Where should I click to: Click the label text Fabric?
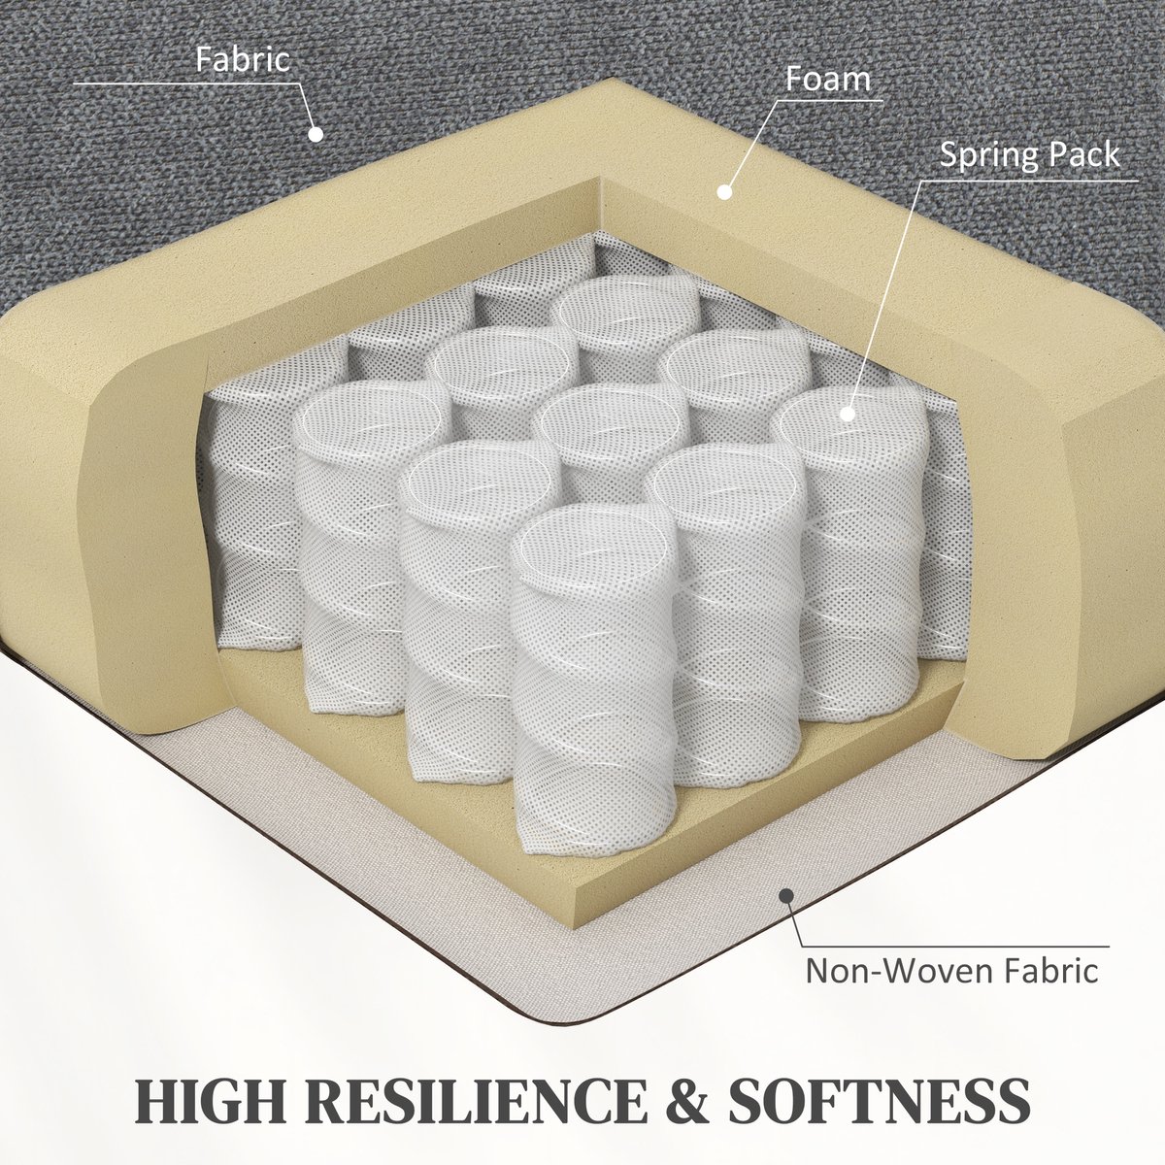(x=243, y=59)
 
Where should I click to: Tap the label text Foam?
(x=828, y=79)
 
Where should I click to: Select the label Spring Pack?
(x=1030, y=154)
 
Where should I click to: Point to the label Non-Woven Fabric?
(x=951, y=971)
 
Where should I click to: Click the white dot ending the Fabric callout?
(x=316, y=134)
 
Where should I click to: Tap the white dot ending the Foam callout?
(x=724, y=192)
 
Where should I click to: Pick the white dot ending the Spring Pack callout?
(x=848, y=415)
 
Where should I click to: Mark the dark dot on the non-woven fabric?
(x=786, y=912)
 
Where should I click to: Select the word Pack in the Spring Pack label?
(x=1083, y=154)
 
